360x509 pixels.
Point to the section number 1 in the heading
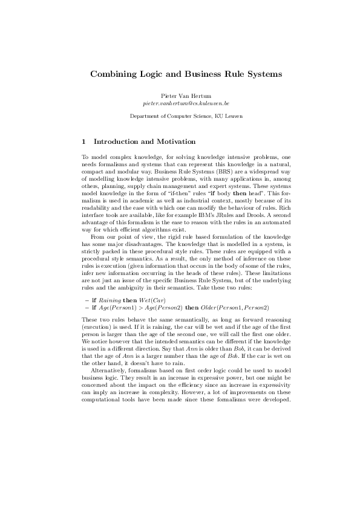pos(83,141)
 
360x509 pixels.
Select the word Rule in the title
pos(229,74)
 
